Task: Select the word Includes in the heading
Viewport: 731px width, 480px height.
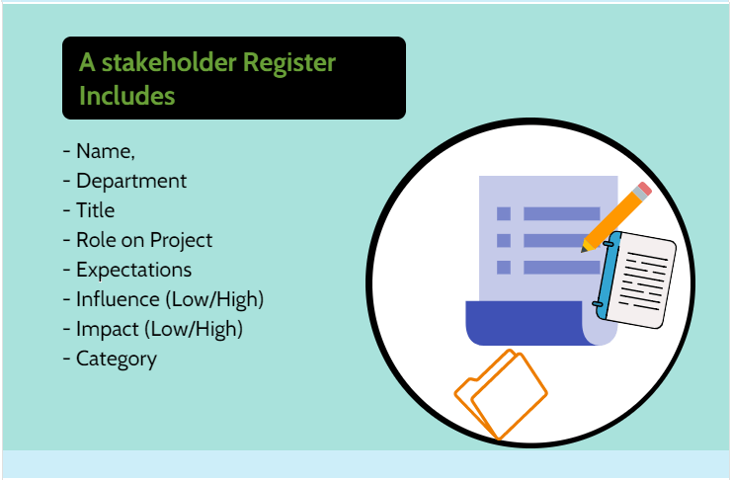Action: tap(126, 96)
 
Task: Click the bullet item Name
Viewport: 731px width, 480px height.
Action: tap(104, 152)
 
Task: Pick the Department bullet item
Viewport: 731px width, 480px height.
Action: tap(130, 181)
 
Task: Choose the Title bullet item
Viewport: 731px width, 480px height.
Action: tap(95, 210)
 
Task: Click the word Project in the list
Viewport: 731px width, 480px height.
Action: tap(182, 240)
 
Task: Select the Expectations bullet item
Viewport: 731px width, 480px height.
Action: tap(133, 270)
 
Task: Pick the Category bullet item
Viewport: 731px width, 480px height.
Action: tap(116, 359)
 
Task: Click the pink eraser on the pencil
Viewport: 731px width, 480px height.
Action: tap(644, 190)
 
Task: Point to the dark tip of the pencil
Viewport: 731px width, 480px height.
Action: tap(586, 247)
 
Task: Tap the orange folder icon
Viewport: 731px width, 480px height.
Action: tap(501, 393)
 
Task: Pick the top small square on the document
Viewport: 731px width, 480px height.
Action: tap(504, 213)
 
